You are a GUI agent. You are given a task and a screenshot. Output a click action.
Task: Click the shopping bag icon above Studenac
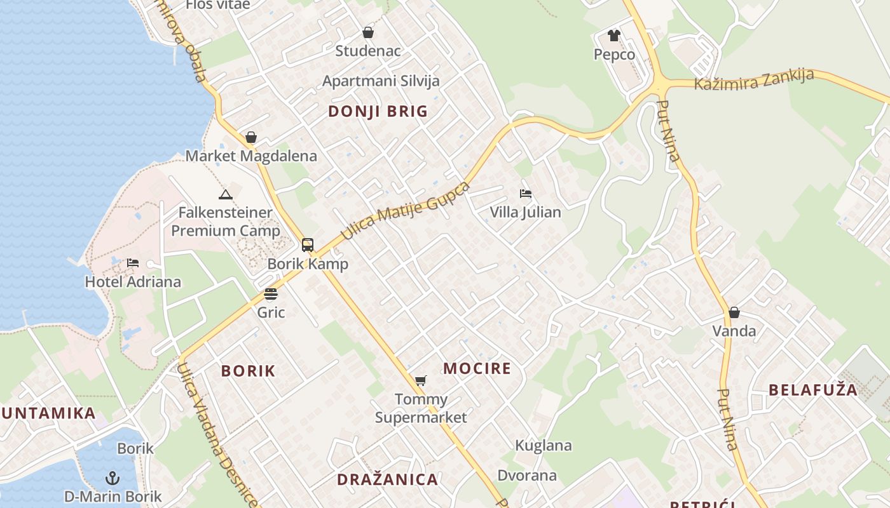(x=368, y=32)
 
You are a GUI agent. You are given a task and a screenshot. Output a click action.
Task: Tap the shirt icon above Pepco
(x=613, y=36)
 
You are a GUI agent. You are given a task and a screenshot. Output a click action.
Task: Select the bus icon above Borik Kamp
(x=308, y=245)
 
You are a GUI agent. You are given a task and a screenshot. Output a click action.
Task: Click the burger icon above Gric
(x=271, y=294)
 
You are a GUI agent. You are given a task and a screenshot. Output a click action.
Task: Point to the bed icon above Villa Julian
(x=525, y=194)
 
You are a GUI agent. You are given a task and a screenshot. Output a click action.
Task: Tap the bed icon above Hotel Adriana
(x=133, y=263)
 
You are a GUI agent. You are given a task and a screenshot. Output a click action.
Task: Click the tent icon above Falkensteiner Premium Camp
(x=225, y=194)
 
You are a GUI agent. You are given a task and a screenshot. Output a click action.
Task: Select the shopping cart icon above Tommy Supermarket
(x=420, y=381)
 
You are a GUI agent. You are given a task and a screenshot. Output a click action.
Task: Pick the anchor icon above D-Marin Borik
(x=113, y=478)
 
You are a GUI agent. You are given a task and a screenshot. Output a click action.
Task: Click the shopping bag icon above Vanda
(x=734, y=312)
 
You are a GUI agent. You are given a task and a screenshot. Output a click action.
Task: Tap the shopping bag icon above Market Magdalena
(x=251, y=137)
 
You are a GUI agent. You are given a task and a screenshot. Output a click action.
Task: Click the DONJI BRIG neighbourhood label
(x=378, y=112)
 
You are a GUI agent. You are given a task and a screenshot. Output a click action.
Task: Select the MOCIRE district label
(x=477, y=368)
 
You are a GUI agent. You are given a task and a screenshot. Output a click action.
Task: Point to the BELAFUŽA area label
(x=813, y=390)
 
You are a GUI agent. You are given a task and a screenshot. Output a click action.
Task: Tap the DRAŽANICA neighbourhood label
(x=387, y=479)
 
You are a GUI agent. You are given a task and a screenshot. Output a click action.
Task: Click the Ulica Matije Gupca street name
(x=406, y=211)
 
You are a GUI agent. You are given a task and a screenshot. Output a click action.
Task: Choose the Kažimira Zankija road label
(x=754, y=79)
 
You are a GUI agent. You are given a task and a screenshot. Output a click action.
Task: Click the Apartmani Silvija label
(x=381, y=81)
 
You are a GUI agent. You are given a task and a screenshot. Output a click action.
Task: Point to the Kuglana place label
(x=543, y=445)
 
